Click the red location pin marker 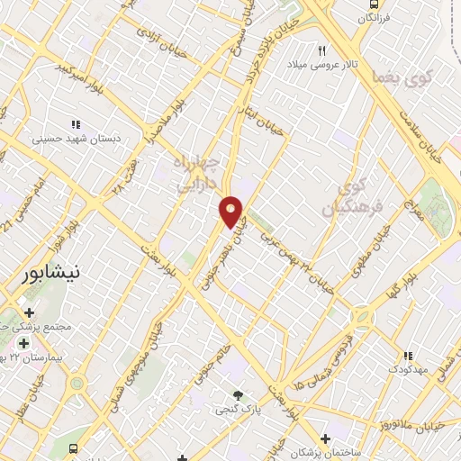231,211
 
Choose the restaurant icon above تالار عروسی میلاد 321,50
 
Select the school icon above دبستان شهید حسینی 76,124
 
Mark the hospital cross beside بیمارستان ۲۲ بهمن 23,343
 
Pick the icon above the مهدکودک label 407,356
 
